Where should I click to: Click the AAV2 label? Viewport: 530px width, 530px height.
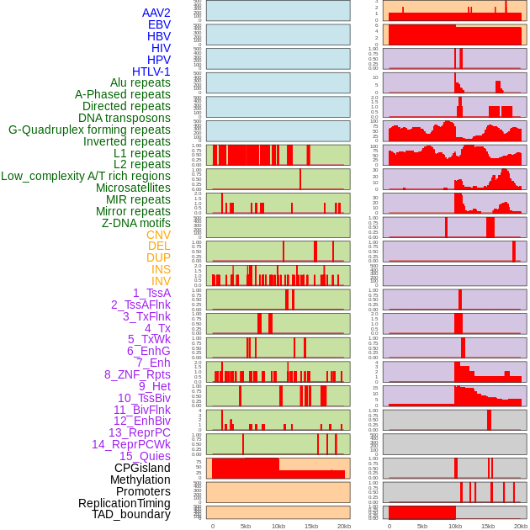coord(156,13)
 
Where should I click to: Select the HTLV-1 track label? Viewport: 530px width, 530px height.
coord(151,72)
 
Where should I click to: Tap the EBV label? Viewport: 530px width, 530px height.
coord(159,24)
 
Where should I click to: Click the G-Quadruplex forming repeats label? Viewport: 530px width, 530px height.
coord(89,130)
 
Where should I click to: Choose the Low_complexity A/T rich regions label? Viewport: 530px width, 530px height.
coord(86,176)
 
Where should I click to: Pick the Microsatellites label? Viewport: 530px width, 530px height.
coord(133,188)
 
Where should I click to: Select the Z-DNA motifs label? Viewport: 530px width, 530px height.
coord(136,223)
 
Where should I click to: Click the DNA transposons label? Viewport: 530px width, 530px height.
coord(125,119)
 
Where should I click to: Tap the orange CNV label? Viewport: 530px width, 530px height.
coord(158,235)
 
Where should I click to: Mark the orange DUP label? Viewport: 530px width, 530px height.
coord(158,257)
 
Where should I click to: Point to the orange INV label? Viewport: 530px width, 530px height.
coord(161,281)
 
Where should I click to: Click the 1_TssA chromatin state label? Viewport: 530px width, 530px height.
coord(151,293)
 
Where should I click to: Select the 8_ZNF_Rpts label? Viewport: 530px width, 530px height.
coord(137,374)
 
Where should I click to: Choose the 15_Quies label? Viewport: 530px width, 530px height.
coord(145,456)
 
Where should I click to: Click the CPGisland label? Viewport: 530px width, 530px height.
coord(142,468)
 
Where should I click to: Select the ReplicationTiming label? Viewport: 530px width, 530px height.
coord(125,503)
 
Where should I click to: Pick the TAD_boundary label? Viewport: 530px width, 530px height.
coord(131,514)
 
